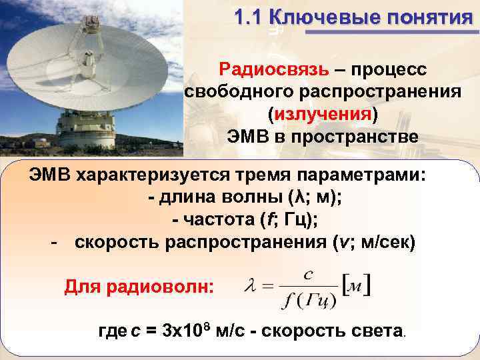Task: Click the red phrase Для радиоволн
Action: click(139, 287)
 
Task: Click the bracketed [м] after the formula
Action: click(357, 287)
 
